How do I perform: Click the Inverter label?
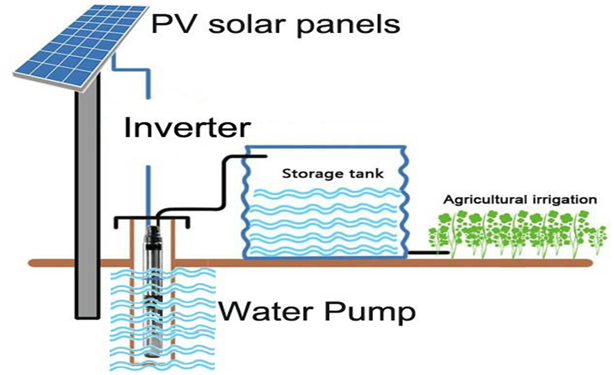[187, 128]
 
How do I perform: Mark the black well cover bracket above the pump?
[152, 219]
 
